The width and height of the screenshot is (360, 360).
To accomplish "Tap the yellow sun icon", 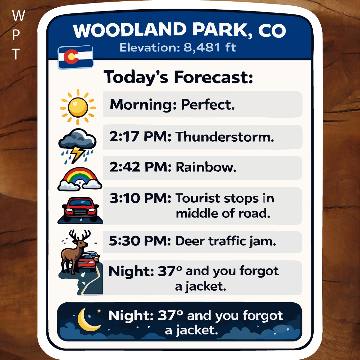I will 78,107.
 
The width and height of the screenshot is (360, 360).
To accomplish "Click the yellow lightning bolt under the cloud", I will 77,154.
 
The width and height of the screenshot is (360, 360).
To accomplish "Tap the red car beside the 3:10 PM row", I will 81,209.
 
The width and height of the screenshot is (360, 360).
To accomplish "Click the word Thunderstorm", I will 225,137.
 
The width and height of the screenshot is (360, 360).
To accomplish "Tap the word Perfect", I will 208,105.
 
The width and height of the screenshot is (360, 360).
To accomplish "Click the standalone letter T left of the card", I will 16,54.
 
